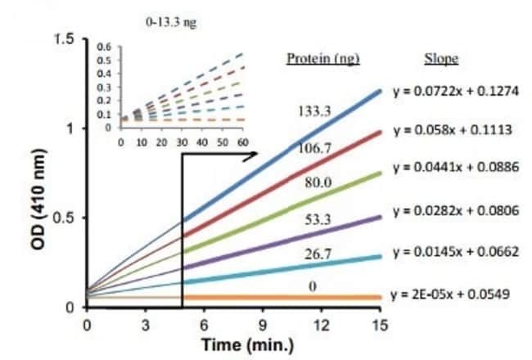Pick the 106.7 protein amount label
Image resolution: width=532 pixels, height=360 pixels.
click(x=313, y=147)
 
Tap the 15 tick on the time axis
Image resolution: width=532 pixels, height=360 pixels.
click(x=379, y=323)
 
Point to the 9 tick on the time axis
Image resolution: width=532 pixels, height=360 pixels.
click(x=263, y=323)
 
